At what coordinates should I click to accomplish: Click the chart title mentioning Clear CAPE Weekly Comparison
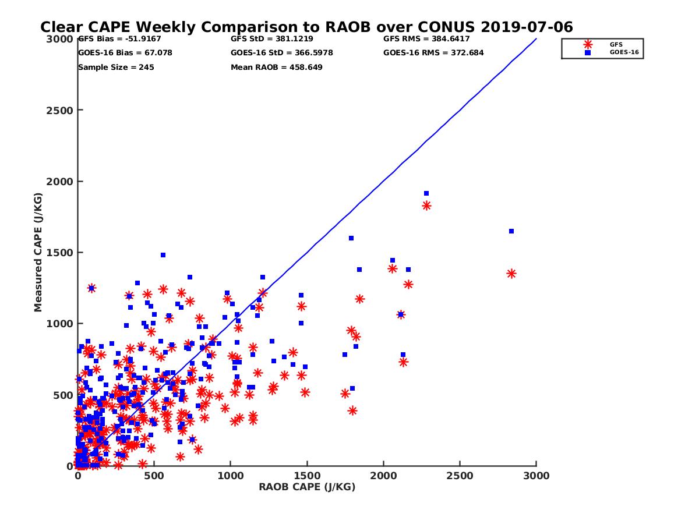[x=306, y=27]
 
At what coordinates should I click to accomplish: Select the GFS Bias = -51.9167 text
[x=119, y=39]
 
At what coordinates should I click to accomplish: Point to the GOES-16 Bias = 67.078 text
[x=125, y=53]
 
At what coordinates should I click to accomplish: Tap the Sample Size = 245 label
[x=116, y=67]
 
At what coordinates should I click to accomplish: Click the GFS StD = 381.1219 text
[x=272, y=39]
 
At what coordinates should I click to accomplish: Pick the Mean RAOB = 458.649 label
[x=277, y=67]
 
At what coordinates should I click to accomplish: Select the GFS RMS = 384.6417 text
[x=426, y=39]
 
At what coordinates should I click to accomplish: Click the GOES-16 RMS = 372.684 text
[x=433, y=53]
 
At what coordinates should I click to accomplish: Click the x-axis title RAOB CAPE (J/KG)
[x=307, y=487]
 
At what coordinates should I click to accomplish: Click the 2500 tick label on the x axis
[x=460, y=476]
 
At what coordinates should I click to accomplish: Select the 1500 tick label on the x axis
[x=307, y=476]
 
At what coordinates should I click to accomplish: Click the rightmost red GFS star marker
[x=511, y=274]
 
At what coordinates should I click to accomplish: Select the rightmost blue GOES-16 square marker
[x=511, y=231]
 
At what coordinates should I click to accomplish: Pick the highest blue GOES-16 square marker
[x=426, y=193]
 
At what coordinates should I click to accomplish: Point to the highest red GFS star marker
[x=426, y=206]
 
